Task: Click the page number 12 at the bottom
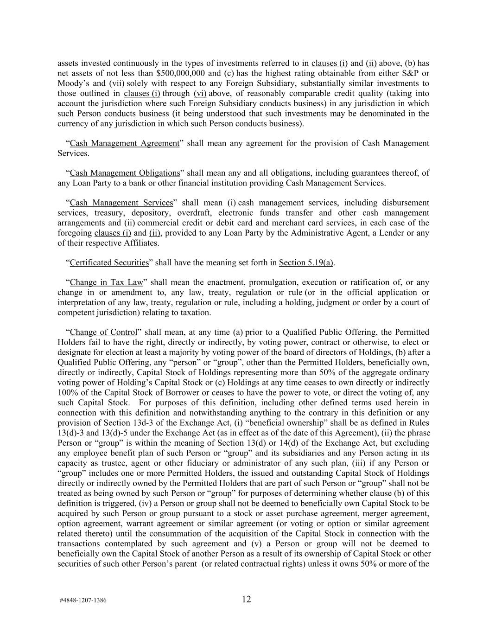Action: coord(246,599)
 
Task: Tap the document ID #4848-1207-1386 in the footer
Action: coord(83,600)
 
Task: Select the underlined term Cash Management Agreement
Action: coord(124,143)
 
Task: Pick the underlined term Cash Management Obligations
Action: coord(125,173)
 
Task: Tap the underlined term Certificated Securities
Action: coord(109,263)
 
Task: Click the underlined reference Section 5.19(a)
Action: coord(306,263)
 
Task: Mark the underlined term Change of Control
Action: coord(103,332)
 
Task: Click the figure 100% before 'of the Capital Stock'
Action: coord(68,393)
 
